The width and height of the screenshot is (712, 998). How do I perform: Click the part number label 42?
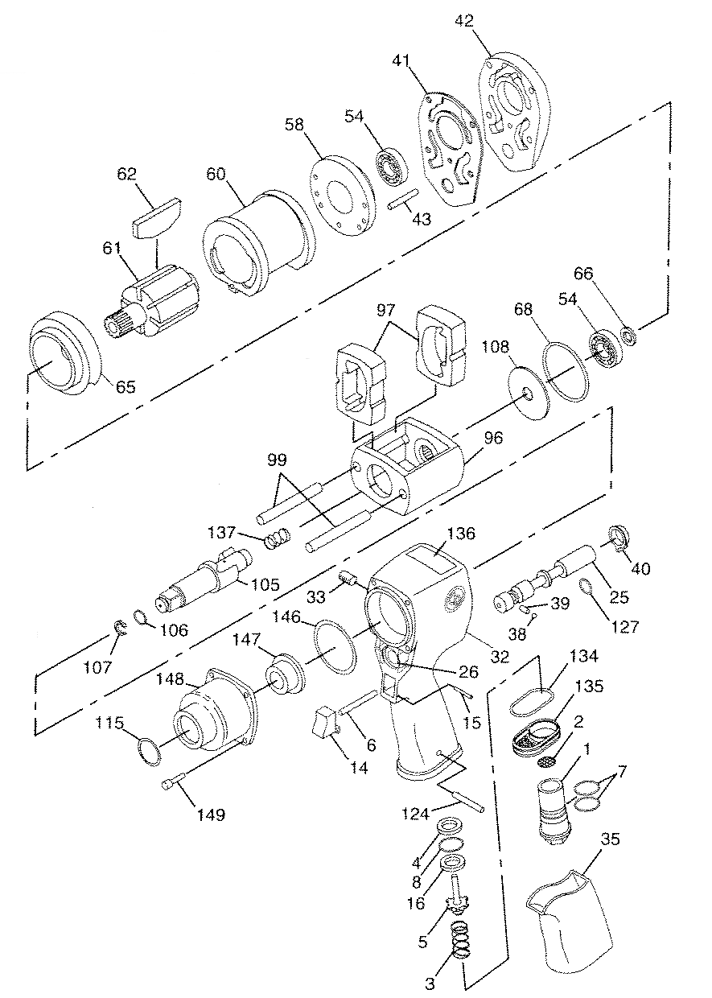pyautogui.click(x=464, y=20)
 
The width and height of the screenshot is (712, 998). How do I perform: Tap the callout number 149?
pyautogui.click(x=211, y=814)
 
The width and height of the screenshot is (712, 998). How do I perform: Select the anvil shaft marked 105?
pyautogui.click(x=204, y=579)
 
